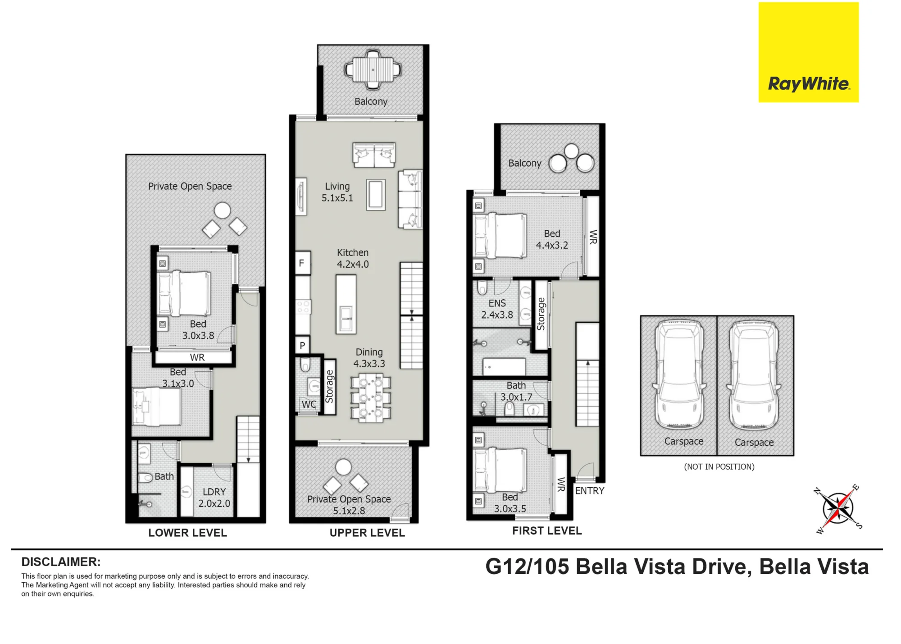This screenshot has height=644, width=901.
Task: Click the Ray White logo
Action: click(809, 52)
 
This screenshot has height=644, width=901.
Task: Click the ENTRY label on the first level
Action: click(590, 491)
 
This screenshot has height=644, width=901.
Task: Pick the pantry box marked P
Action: click(303, 346)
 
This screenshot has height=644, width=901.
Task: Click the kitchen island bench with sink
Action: click(346, 304)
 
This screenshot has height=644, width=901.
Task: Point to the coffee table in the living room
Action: click(376, 195)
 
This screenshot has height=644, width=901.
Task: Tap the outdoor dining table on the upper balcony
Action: click(373, 69)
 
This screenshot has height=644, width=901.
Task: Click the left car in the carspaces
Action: click(679, 375)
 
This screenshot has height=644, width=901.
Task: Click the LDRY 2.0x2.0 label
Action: click(214, 498)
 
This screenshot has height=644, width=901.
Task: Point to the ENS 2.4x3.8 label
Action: click(497, 309)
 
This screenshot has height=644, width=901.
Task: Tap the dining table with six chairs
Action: click(371, 399)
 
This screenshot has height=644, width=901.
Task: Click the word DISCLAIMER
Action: click(61, 562)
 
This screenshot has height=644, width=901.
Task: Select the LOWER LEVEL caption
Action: click(187, 533)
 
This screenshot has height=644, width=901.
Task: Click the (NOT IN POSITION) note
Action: click(719, 467)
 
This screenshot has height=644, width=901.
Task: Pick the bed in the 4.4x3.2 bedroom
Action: click(500, 237)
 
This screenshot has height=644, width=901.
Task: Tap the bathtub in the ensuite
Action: click(504, 367)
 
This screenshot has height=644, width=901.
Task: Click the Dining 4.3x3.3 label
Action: click(369, 358)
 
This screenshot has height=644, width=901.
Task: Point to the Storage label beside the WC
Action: click(329, 386)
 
